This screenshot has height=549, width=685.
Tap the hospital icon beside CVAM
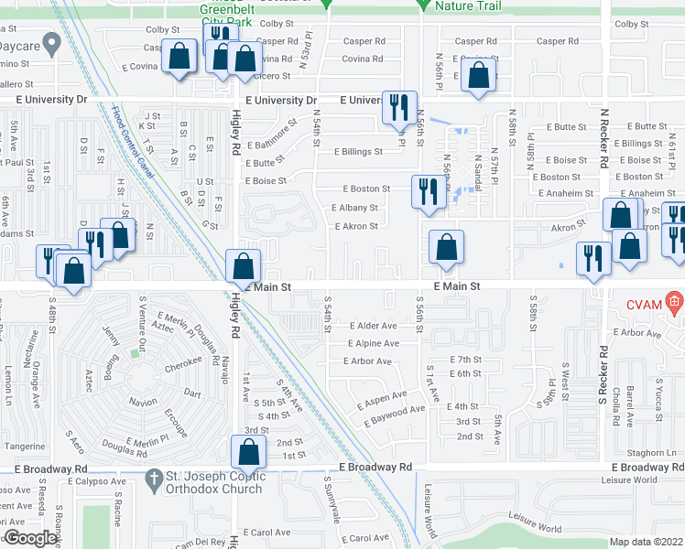[674, 301]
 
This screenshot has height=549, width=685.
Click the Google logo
[30, 538]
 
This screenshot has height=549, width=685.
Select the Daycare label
[20, 43]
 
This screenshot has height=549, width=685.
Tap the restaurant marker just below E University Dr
[398, 107]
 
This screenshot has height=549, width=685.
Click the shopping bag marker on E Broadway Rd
[248, 451]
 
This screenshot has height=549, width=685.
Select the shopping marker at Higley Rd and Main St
[243, 266]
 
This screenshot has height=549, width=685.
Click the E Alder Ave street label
[373, 326]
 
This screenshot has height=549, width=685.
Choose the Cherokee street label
[171, 361]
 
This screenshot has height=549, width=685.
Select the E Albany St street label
[354, 208]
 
